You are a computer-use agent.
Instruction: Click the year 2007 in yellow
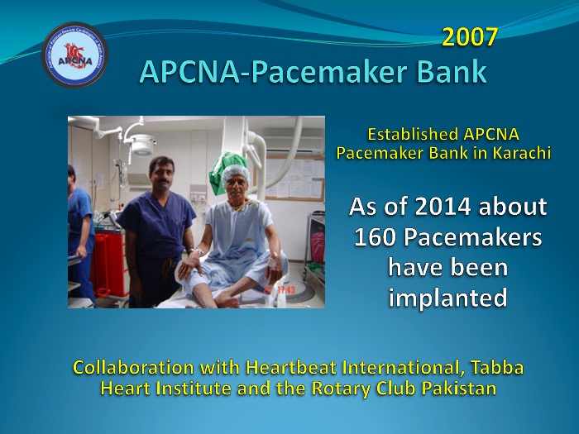click(470, 37)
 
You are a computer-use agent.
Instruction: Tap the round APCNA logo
click(75, 55)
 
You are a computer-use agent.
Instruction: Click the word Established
click(413, 134)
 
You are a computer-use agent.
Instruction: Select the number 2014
click(443, 207)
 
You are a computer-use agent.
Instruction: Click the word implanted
click(448, 298)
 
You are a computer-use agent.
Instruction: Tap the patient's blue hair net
click(235, 173)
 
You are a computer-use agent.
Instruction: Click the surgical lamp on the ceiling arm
click(143, 145)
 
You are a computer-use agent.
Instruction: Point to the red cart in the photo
click(109, 264)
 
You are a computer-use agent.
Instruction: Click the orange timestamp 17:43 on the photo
click(286, 290)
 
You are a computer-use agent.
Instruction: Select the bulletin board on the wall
click(294, 179)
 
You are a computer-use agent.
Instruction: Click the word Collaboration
click(133, 368)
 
